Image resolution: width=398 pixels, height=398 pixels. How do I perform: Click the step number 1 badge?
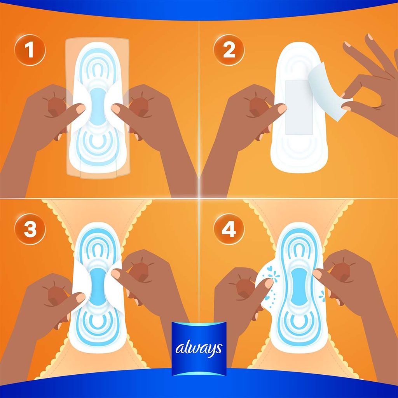click(30, 50)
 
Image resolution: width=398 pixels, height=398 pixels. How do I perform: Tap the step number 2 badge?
click(229, 50)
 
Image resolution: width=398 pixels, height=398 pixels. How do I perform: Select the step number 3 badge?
click(30, 229)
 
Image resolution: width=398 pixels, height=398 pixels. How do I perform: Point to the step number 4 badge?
click(229, 229)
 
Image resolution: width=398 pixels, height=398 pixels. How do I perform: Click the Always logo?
click(199, 349)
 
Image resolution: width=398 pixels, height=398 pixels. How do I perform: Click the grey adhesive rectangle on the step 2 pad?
click(299, 108)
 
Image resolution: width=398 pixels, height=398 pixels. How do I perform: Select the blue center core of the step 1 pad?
click(98, 106)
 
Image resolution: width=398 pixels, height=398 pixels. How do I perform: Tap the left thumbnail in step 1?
click(80, 109)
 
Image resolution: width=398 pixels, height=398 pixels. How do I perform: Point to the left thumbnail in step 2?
click(282, 109)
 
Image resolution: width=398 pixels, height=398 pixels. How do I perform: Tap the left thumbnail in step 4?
click(269, 283)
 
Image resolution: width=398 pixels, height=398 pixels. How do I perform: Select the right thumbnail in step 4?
click(317, 274)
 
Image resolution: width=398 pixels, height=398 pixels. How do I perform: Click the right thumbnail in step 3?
click(116, 274)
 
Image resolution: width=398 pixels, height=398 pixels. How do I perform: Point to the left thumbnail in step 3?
click(80, 297)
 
